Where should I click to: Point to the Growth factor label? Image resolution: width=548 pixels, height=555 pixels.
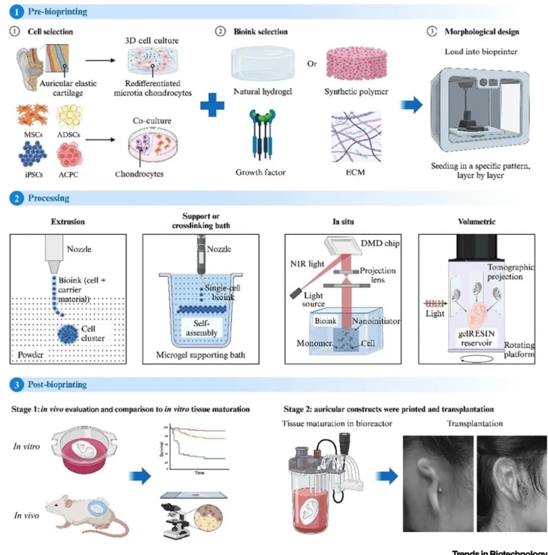coord(261,172)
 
